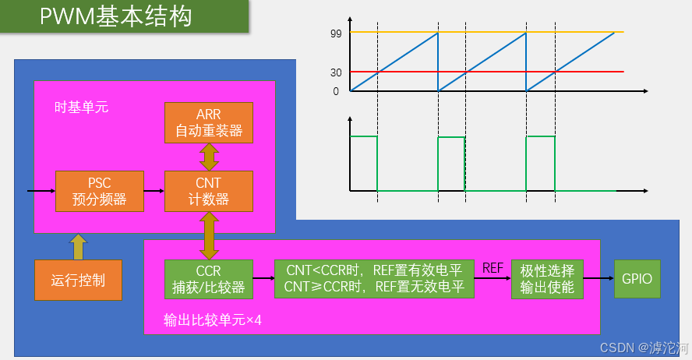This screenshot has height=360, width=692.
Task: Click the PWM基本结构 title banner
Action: coord(125,16)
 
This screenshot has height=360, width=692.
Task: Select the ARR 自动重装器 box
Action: coord(209,122)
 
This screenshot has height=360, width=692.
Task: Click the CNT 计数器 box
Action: coord(209,191)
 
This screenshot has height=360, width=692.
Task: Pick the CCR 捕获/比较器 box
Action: coord(209,279)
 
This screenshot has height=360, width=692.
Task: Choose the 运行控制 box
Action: coord(78,280)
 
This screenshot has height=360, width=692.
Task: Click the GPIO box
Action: coord(637,279)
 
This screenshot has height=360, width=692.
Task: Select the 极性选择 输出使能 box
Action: coord(547,279)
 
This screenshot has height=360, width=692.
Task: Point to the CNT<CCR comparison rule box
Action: coord(374,279)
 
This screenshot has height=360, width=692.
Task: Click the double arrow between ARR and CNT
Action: coord(209,157)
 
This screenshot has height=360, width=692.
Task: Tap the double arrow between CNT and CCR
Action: coord(209,235)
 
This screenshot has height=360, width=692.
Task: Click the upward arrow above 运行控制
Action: coord(78,246)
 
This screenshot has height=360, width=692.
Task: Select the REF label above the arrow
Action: coord(493,268)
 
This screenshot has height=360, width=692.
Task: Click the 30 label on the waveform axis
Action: coord(336,72)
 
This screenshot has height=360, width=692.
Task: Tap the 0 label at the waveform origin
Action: coord(336,91)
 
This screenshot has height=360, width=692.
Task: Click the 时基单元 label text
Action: coord(81,108)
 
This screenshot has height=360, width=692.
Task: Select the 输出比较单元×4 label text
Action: coord(212,319)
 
